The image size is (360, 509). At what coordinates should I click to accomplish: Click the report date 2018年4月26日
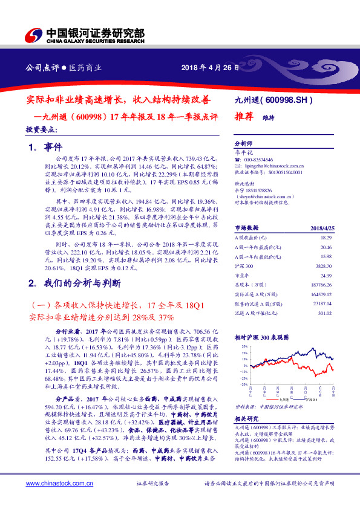[x=206, y=68]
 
